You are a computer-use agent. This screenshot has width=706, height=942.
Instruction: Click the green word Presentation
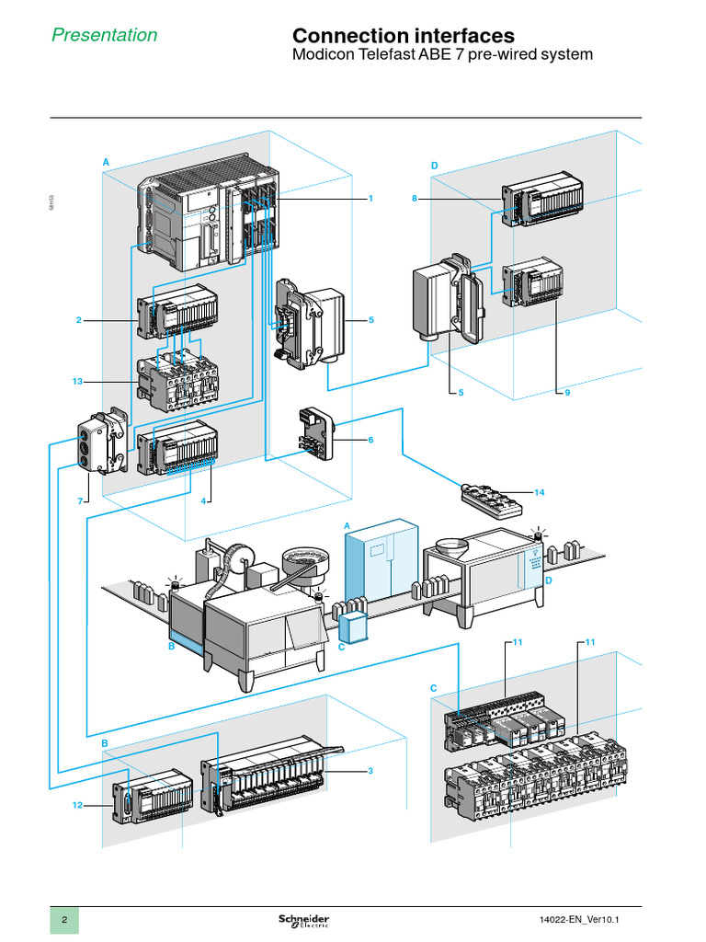(104, 35)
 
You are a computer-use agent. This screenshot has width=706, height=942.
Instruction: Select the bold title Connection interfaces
(403, 35)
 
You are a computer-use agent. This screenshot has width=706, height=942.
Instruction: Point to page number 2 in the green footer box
(64, 922)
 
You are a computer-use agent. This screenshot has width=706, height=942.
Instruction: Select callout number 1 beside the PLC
(370, 199)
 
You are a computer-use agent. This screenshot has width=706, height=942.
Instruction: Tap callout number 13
(76, 380)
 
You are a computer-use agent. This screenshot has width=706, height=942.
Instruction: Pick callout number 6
(370, 440)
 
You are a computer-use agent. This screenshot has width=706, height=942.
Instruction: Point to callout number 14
(539, 493)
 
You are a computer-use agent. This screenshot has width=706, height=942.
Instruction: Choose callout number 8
(415, 199)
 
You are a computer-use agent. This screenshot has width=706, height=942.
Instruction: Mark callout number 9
(567, 392)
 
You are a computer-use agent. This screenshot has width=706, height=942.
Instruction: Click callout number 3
(370, 771)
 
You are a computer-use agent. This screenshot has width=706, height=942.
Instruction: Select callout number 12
(77, 805)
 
